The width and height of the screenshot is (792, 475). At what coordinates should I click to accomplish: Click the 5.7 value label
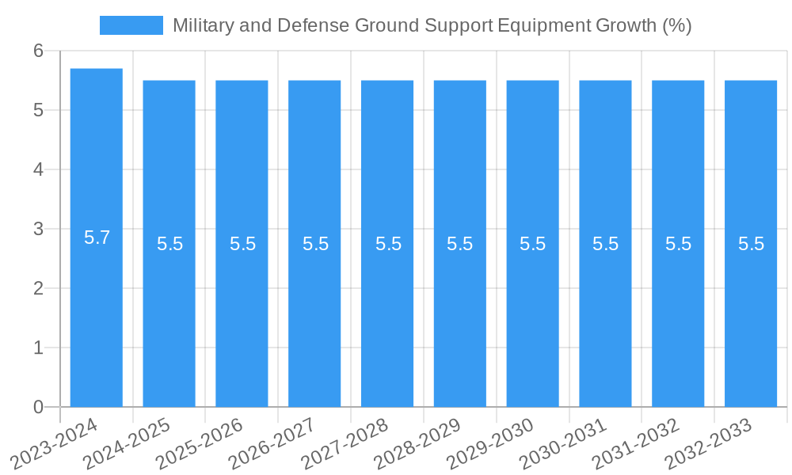97,237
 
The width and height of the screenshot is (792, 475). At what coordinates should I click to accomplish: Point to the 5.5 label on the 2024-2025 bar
169,244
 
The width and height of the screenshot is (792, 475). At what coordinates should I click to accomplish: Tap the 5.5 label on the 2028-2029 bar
460,244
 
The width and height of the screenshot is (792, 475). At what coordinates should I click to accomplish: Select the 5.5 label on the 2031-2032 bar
678,244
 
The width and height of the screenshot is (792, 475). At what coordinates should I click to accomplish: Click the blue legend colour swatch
131,25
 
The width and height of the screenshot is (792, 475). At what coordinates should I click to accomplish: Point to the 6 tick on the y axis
38,51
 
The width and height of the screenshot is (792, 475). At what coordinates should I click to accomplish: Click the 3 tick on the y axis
38,229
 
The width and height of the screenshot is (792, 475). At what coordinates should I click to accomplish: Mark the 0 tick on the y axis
38,407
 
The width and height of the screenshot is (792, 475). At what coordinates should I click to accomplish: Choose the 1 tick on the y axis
38,348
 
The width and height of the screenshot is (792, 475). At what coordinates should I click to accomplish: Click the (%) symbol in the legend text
676,25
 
